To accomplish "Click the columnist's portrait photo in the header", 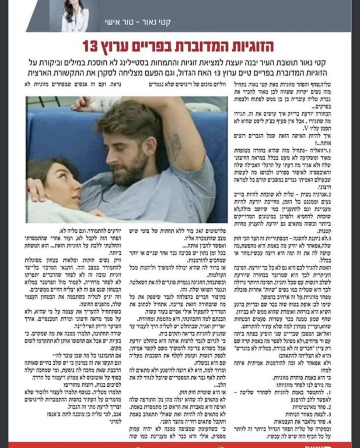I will click(x=75, y=16).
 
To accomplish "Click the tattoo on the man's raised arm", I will click(x=175, y=144).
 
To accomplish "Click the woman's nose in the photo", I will click(x=78, y=188).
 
